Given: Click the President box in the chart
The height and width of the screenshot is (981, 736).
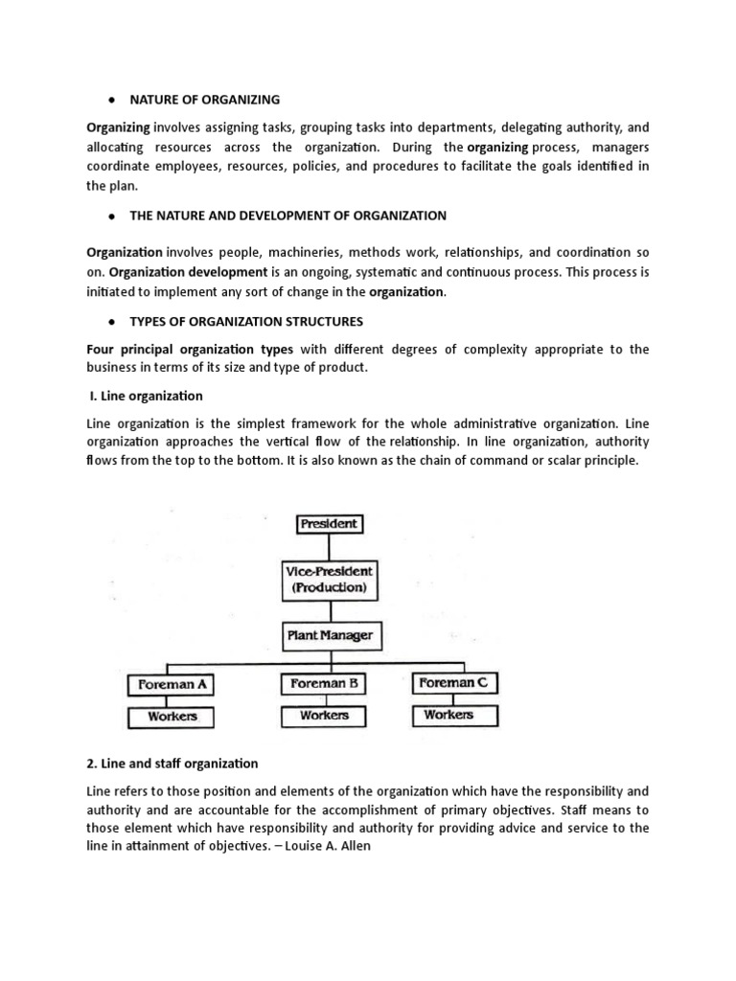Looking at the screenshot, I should click(x=329, y=524).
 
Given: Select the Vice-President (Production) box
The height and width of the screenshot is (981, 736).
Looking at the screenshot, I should click(x=329, y=579).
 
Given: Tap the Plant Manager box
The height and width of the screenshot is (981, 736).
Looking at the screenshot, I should click(x=329, y=634).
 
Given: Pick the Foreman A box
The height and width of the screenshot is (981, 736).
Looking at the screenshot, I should click(x=170, y=686).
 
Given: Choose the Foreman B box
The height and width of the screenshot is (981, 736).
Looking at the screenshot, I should click(x=325, y=684).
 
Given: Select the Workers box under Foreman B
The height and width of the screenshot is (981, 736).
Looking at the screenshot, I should click(x=324, y=716).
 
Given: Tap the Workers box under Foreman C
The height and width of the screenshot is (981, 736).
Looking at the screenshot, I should click(x=448, y=715).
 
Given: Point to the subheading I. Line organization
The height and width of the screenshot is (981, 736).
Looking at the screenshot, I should click(x=144, y=396).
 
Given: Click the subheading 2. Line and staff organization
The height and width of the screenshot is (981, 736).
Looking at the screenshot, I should click(x=172, y=764).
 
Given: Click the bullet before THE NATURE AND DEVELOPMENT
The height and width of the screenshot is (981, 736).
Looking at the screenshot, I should click(x=112, y=217).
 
